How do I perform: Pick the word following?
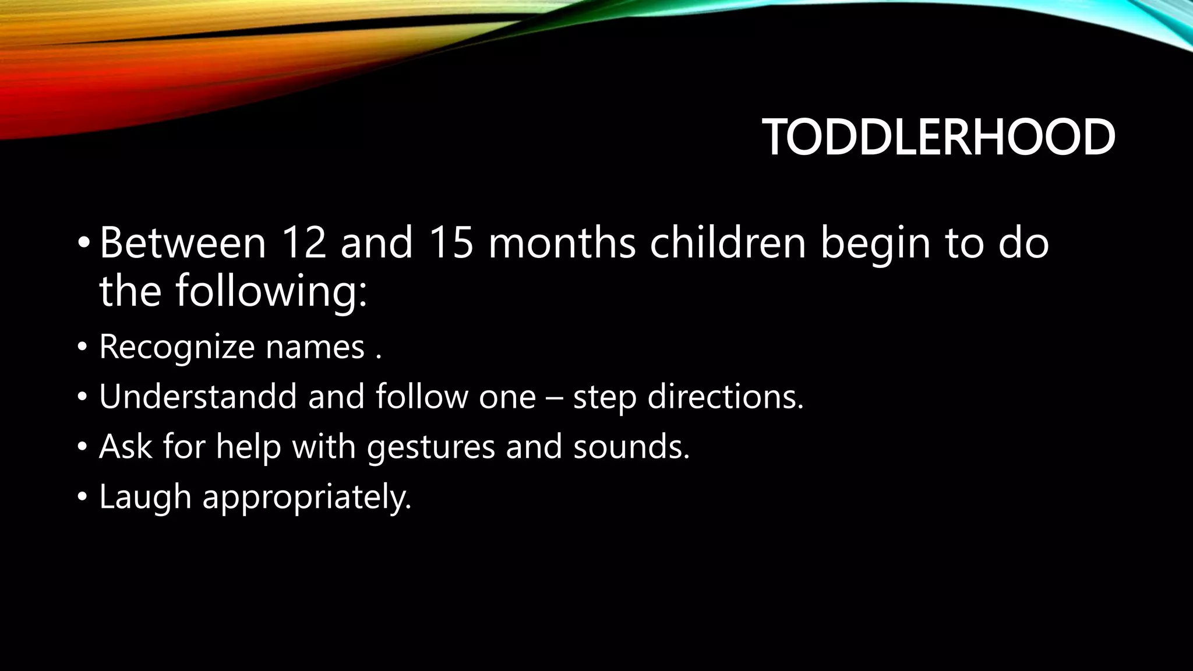(x=271, y=291)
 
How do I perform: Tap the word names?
(x=315, y=347)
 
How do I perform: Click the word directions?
(x=725, y=397)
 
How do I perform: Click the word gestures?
(x=431, y=447)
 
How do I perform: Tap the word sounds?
(x=631, y=447)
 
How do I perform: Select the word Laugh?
(x=146, y=497)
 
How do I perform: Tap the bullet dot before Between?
(x=83, y=243)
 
